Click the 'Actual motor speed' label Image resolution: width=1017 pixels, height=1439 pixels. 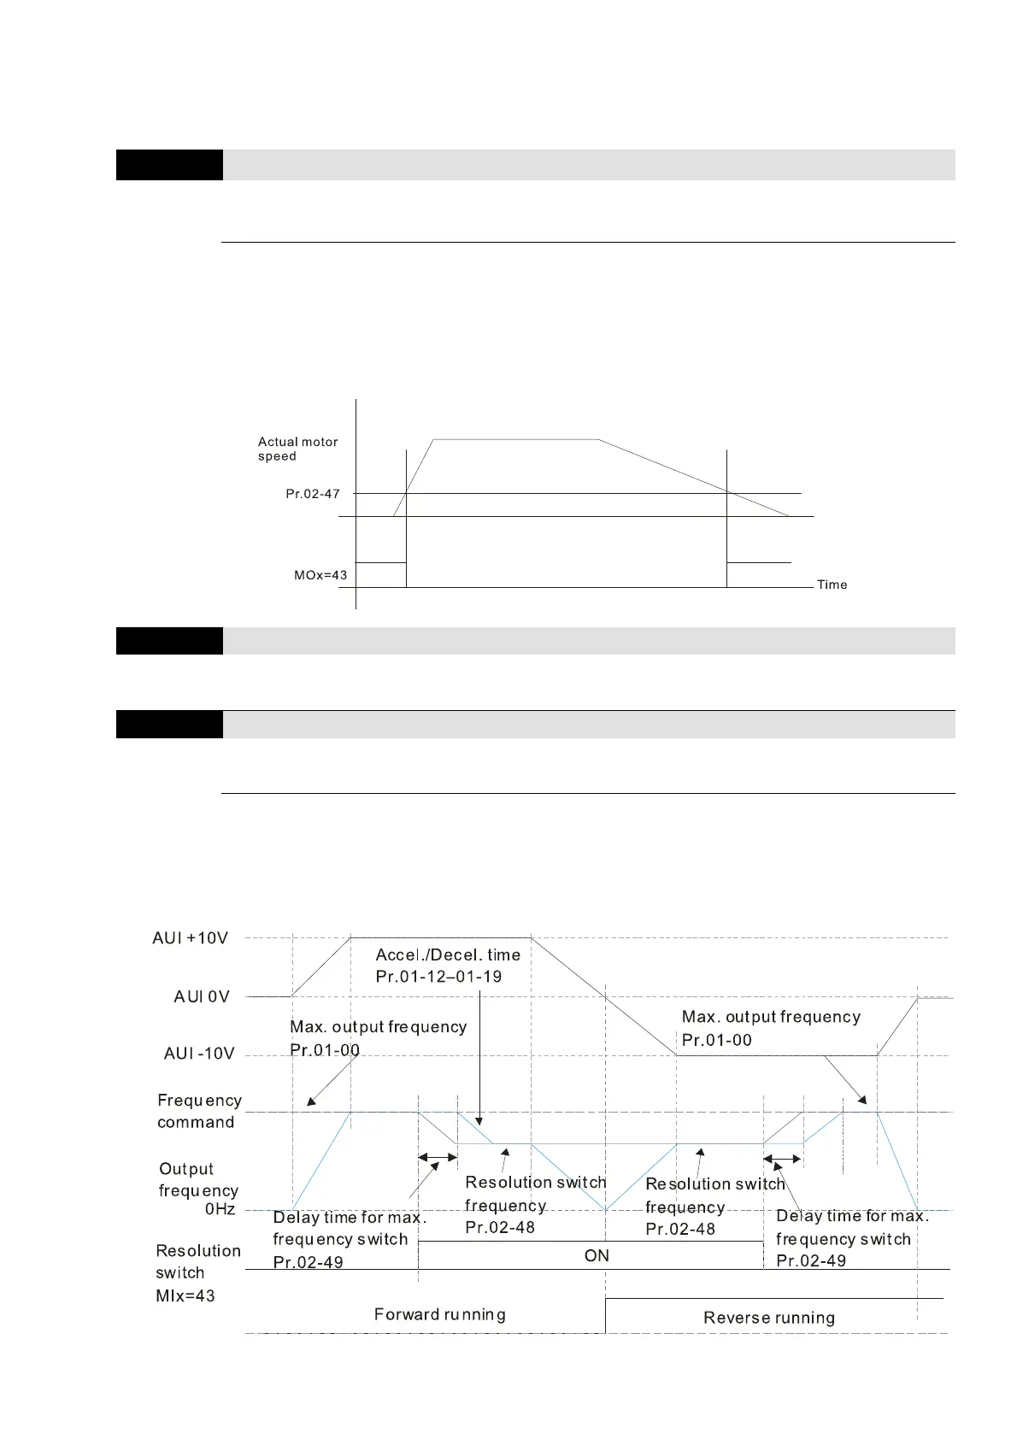pyautogui.click(x=297, y=449)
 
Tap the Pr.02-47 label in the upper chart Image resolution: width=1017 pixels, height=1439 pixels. pyautogui.click(x=313, y=494)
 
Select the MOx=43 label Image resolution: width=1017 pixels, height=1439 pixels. pyautogui.click(x=320, y=575)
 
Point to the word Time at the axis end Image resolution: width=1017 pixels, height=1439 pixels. pyautogui.click(x=832, y=584)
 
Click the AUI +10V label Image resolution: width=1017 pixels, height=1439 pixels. pyautogui.click(x=191, y=938)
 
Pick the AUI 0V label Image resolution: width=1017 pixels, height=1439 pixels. pyautogui.click(x=202, y=996)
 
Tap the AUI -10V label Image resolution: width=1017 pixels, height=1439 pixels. pyautogui.click(x=199, y=1054)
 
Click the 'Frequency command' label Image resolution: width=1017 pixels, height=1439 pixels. pyautogui.click(x=199, y=1111)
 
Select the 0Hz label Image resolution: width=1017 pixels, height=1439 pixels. pyautogui.click(x=220, y=1209)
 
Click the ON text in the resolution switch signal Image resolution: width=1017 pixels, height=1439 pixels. pyautogui.click(x=597, y=1255)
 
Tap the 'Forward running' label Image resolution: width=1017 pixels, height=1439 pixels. pyautogui.click(x=439, y=1314)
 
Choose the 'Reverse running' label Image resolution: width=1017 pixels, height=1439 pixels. pyautogui.click(x=769, y=1318)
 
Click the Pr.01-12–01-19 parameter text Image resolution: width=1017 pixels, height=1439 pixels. pyautogui.click(x=438, y=977)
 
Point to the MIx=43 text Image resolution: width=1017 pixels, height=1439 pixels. pyautogui.click(x=185, y=1295)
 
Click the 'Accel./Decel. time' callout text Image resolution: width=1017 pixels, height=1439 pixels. pyautogui.click(x=448, y=955)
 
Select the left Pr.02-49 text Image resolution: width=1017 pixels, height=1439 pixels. pyautogui.click(x=308, y=1262)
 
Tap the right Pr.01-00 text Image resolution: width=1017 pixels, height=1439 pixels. pyautogui.click(x=716, y=1040)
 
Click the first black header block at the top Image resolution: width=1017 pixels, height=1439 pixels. pyautogui.click(x=169, y=165)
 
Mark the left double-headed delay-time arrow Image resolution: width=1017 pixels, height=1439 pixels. pyautogui.click(x=438, y=1158)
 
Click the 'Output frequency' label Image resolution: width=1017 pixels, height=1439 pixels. pyautogui.click(x=198, y=1179)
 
